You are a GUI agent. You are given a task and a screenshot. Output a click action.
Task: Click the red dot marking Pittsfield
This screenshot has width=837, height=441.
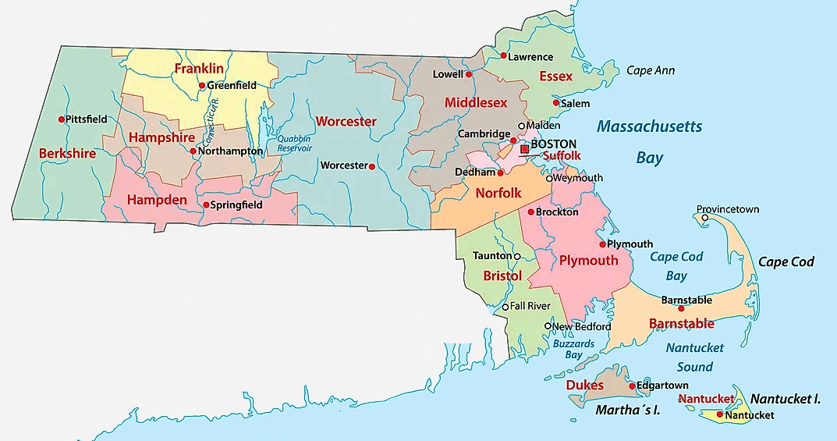pos(62,119)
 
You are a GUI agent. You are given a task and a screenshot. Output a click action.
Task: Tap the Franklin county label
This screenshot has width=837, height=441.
pos(193,69)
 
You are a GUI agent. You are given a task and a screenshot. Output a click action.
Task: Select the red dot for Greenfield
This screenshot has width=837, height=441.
pos(201,86)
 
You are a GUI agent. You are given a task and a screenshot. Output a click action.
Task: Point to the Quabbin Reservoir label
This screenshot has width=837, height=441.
pos(294,144)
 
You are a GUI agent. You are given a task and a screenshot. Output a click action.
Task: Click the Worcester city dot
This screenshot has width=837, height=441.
pos(372,166)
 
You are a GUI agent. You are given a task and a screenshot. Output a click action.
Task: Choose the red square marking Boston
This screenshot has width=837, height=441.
pos(524,148)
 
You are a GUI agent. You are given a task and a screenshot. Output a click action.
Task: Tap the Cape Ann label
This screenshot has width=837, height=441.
pos(651,70)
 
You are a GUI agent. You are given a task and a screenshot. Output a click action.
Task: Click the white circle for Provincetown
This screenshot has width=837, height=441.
pos(706,219)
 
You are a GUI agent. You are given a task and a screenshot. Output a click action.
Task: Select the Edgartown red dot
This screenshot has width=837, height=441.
pos(632,386)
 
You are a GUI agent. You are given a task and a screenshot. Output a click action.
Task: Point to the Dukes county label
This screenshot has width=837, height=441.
pos(584,385)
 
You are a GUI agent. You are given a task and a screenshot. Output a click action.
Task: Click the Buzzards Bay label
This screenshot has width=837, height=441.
pos(573,349)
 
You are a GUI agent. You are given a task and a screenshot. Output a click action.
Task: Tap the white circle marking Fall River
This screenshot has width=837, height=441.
pos(505,307)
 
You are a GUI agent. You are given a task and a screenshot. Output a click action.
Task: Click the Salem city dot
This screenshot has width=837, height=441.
pos(555,103)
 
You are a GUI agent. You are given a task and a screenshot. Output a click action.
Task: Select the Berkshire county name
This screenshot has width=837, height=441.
pos(67,153)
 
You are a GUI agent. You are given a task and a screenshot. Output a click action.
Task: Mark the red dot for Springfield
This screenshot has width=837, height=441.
pos(205,205)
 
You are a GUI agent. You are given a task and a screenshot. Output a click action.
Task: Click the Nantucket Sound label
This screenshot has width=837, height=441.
pos(694,357)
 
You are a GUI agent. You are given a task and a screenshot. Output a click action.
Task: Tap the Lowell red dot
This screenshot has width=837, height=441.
pos(469,75)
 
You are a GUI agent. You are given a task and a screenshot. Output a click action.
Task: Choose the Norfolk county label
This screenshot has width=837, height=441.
pos(498,192)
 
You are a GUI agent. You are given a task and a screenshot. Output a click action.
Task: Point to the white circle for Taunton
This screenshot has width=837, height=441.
pos(517,256)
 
